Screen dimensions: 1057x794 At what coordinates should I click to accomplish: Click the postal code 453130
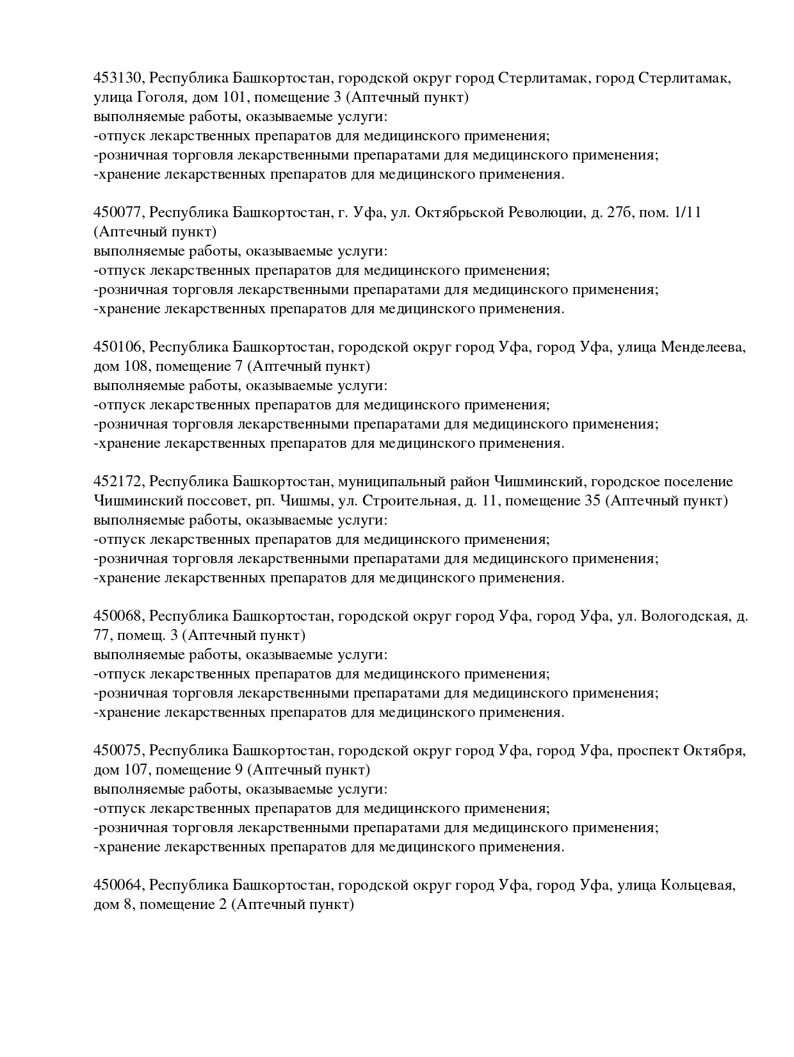coord(120,78)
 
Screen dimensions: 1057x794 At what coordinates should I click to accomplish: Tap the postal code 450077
coord(120,213)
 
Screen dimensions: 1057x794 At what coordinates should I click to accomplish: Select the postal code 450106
coord(120,347)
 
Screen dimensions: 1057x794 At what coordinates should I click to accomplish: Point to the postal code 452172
coord(120,482)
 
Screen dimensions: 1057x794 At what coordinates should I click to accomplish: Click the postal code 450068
coord(120,616)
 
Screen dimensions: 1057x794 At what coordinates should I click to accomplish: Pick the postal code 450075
coord(120,751)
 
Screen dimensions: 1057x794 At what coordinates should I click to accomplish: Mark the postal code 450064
coord(120,885)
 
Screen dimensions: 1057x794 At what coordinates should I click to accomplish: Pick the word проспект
coord(647,751)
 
